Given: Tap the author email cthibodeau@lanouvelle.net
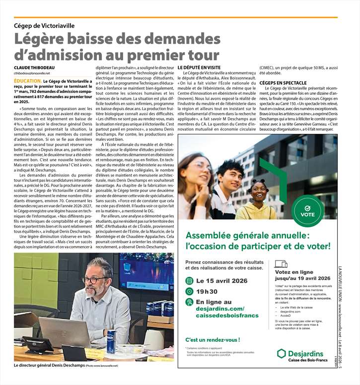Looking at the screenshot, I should [x=32, y=73].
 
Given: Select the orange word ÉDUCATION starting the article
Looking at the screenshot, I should [x=27, y=80].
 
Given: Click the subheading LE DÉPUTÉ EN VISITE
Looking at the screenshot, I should [x=199, y=66].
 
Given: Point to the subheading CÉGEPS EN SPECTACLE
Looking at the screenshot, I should [x=283, y=83].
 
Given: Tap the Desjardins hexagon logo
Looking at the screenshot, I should [x=281, y=353].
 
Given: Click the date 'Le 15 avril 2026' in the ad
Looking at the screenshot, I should [x=223, y=280].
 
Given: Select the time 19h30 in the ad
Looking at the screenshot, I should [x=207, y=291].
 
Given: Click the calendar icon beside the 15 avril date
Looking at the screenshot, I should [x=189, y=280].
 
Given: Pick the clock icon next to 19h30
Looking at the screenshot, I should [x=189, y=291].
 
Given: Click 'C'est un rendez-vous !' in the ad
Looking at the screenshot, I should [x=212, y=340].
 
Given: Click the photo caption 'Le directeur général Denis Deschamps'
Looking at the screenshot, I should [x=50, y=365].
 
